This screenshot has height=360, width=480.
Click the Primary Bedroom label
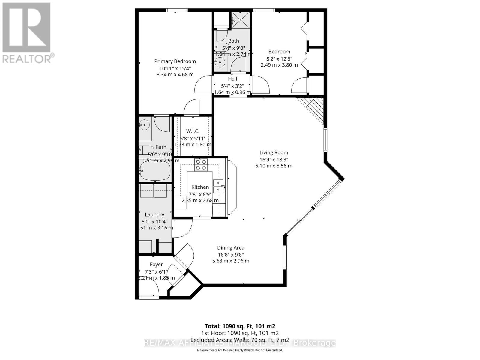[x=175, y=61]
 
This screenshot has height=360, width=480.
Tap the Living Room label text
[x=274, y=152]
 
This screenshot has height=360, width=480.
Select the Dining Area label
[x=231, y=248]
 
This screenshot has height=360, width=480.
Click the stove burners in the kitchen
[x=201, y=165]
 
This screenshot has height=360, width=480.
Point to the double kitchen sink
[x=218, y=186]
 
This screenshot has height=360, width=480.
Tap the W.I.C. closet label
[x=193, y=131]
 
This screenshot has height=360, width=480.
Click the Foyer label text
[x=156, y=265]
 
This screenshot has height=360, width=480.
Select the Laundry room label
[x=154, y=214]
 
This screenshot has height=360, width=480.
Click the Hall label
[x=232, y=79]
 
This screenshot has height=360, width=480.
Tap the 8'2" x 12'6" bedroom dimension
[x=279, y=59]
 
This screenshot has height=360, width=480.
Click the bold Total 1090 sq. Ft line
[x=240, y=326]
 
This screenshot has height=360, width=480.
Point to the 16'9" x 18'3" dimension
[x=274, y=160]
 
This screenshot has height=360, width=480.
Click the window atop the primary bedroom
[x=177, y=10]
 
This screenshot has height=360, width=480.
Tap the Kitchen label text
[x=200, y=187]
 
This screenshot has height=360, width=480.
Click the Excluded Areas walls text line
[x=240, y=340]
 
